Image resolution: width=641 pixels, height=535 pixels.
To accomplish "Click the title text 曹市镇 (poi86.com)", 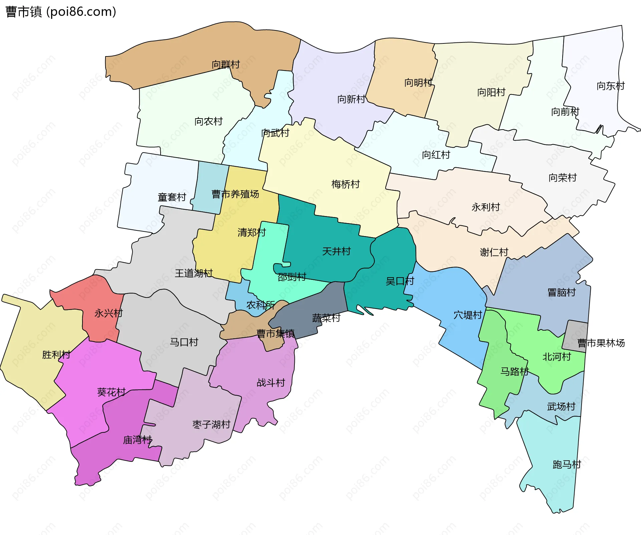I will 61,12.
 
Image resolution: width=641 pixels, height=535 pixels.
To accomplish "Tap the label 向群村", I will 226,64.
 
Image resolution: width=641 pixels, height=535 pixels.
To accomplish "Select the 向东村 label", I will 610,86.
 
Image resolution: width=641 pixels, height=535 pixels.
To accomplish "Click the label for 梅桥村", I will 346,184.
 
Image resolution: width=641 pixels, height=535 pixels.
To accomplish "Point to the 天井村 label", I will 336,251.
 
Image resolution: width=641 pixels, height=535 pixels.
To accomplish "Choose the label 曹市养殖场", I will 235,194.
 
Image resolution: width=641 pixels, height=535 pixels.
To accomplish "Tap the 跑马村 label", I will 567,464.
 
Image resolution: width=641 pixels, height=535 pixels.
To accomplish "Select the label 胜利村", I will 56,354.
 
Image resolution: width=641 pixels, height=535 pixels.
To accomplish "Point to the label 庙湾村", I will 137,440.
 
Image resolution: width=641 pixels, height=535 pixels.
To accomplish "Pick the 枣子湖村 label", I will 211,424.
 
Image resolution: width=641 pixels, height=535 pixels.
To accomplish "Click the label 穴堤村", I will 467,315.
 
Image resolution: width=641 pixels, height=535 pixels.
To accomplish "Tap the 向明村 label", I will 418,82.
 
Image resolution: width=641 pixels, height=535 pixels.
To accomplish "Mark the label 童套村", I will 172,197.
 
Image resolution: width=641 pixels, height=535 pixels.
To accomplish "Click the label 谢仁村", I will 494,252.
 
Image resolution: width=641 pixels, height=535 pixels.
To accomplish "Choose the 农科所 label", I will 260,305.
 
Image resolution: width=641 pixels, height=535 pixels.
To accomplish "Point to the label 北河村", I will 557,357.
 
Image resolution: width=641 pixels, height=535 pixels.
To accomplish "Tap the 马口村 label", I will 184,342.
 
